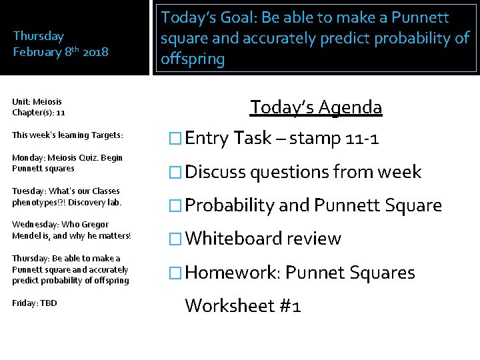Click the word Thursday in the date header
click(x=39, y=36)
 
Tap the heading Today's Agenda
click(x=316, y=107)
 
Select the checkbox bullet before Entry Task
click(x=176, y=139)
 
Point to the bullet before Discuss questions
click(x=176, y=172)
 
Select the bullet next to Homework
click(x=176, y=273)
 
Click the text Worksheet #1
click(x=243, y=305)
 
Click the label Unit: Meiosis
click(x=37, y=102)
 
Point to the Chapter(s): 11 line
click(x=38, y=113)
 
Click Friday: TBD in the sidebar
click(x=35, y=303)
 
